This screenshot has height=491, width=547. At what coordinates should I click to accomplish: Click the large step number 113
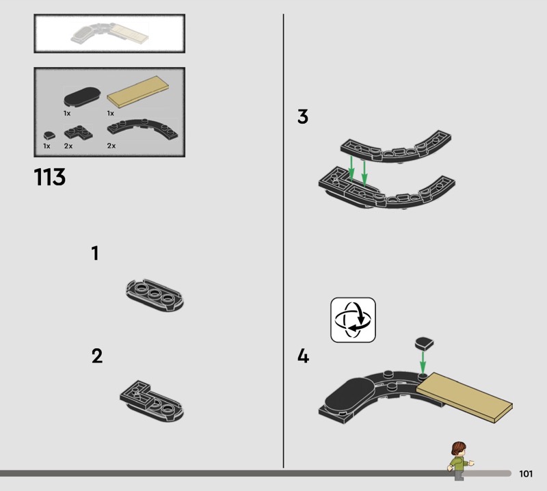(49, 176)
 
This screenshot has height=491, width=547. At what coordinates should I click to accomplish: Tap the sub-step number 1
(95, 253)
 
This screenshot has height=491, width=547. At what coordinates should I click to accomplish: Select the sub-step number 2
(97, 356)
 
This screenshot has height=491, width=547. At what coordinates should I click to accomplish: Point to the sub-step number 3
(303, 116)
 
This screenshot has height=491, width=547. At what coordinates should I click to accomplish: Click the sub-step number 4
(303, 356)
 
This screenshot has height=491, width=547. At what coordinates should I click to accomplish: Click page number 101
(526, 473)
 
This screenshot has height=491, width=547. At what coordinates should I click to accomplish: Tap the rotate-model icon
(353, 319)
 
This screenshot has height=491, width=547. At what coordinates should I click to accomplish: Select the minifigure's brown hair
(458, 448)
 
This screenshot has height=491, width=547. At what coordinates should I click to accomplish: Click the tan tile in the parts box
(138, 92)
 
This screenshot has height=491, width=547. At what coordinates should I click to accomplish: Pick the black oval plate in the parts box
(82, 96)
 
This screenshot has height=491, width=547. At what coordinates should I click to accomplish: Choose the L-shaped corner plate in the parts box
(79, 133)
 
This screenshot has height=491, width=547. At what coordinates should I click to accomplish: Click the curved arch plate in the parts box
(143, 128)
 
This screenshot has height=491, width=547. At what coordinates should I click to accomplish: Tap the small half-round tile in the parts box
(49, 135)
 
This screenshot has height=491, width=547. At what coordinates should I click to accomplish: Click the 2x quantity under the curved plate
(111, 146)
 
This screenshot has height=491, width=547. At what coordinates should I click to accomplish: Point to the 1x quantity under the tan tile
(111, 114)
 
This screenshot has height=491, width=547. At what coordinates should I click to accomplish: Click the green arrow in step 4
(423, 363)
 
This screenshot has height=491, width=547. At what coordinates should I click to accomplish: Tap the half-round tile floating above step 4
(424, 343)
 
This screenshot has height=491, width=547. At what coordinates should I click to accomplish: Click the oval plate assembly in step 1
(155, 295)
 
